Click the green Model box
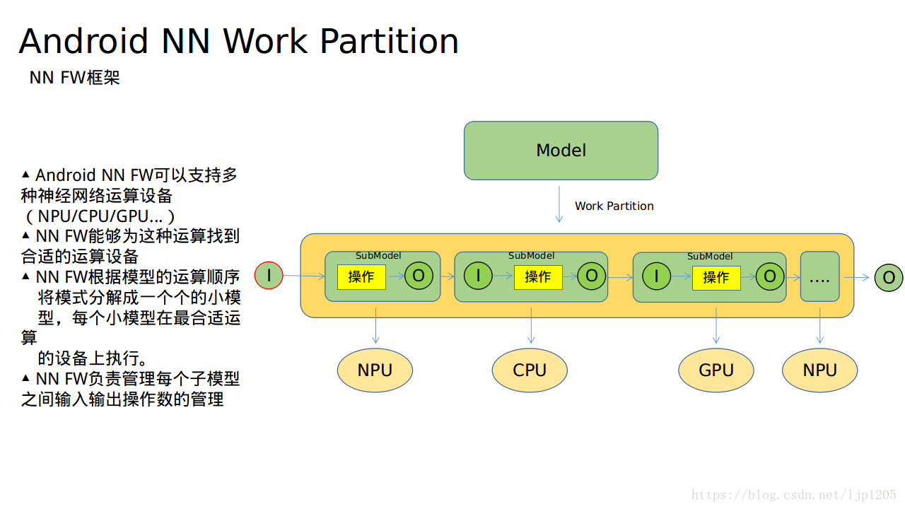tap(561, 151)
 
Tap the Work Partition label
tap(614, 206)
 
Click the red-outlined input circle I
tap(269, 276)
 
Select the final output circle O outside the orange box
tap(889, 278)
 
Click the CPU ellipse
tap(530, 370)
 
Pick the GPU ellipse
tap(716, 370)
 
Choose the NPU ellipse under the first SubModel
tap(375, 370)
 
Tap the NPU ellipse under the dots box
tap(819, 370)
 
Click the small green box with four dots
tap(819, 276)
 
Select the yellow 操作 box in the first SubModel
tap(361, 277)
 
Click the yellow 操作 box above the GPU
tap(716, 278)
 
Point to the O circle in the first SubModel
tap(419, 276)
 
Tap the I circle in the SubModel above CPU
tap(478, 276)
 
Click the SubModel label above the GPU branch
tap(710, 257)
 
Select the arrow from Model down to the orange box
tap(559, 204)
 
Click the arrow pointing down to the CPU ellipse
tap(531, 326)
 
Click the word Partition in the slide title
tap(390, 41)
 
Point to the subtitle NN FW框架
tap(75, 78)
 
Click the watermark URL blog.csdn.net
tap(793, 495)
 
